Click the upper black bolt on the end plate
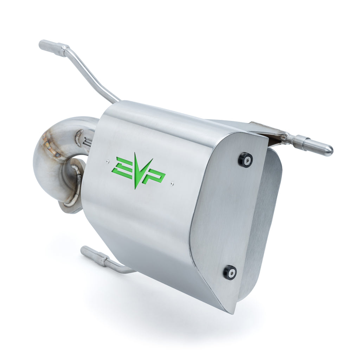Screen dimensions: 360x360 click(x=245, y=160)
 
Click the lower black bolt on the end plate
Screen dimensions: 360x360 click(x=230, y=272)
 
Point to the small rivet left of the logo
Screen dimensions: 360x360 click(x=107, y=161)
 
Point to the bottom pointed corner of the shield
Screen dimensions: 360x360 click(x=230, y=311)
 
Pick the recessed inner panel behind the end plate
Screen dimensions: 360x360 click(x=264, y=218)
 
